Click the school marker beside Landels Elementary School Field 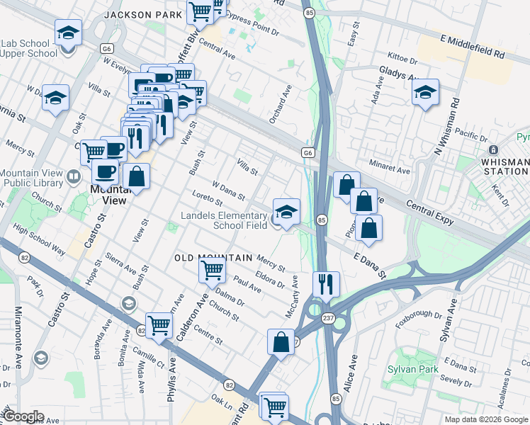coord(286,212)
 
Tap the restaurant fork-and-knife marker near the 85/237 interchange coord(326,284)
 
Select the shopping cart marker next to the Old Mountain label coord(213,270)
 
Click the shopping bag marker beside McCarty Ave coord(281,342)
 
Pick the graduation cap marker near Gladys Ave coord(425,92)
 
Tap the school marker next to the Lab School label coord(68,33)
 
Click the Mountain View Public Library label coord(37,181)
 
